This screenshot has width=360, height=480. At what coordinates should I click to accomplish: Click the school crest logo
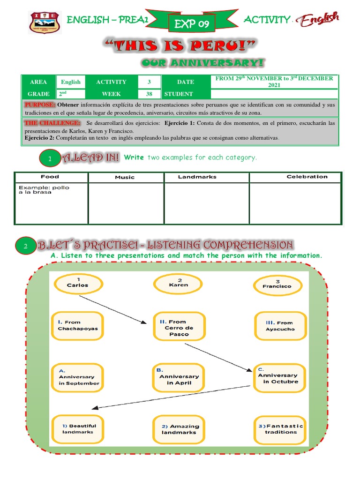[45, 22]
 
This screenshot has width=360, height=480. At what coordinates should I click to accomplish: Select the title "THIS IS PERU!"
[180, 47]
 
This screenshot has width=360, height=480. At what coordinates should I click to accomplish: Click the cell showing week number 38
[149, 94]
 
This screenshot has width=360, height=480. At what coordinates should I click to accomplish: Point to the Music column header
[125, 177]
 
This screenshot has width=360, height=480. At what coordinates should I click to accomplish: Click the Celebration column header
[307, 177]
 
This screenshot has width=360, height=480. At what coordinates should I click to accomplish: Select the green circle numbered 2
[26, 246]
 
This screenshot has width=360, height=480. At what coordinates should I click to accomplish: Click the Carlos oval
[77, 283]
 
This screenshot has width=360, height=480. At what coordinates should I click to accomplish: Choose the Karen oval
[178, 283]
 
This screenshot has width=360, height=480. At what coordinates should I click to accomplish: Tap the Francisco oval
[277, 284]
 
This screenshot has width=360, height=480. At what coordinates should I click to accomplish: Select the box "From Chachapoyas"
[78, 325]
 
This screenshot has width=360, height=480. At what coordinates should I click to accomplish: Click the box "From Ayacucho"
[280, 326]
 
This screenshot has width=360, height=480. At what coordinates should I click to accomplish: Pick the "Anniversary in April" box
[179, 379]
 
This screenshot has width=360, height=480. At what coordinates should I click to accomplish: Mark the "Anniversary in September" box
[78, 379]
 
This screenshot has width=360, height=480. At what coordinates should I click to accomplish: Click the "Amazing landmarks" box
[180, 429]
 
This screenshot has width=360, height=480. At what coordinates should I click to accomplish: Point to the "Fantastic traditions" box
[281, 429]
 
